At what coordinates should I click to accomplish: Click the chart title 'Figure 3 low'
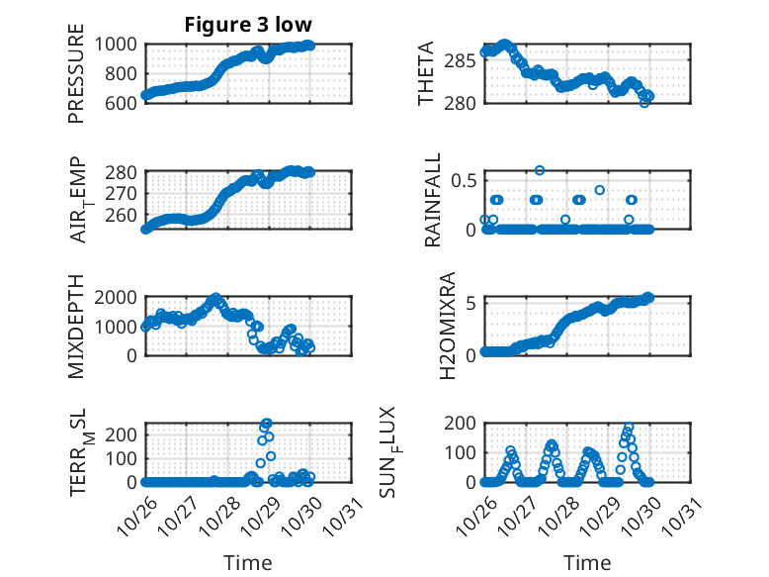(248, 25)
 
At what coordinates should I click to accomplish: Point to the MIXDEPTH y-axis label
(77, 327)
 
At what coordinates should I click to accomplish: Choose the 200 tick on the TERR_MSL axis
(125, 433)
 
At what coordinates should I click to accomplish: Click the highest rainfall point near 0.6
(540, 170)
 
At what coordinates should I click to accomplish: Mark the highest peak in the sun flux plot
(628, 428)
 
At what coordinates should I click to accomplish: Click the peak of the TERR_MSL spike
(267, 424)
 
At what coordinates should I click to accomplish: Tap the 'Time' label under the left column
(248, 563)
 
